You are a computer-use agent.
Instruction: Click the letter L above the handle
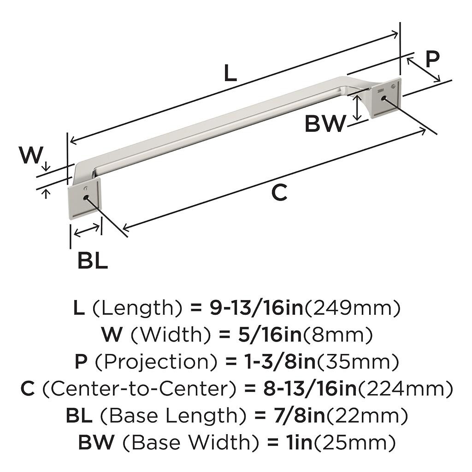[230, 74]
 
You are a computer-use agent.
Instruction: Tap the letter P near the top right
[432, 59]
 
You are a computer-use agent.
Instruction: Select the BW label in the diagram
[325, 124]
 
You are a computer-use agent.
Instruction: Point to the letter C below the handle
[279, 192]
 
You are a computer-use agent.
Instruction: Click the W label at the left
[31, 155]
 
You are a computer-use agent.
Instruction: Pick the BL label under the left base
[92, 261]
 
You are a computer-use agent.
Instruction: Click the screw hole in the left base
[86, 197]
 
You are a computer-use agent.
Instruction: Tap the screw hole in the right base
[383, 98]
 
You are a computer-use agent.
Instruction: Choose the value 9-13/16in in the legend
[257, 308]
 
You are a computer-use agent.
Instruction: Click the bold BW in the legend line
[96, 443]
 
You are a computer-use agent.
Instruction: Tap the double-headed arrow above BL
[87, 230]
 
